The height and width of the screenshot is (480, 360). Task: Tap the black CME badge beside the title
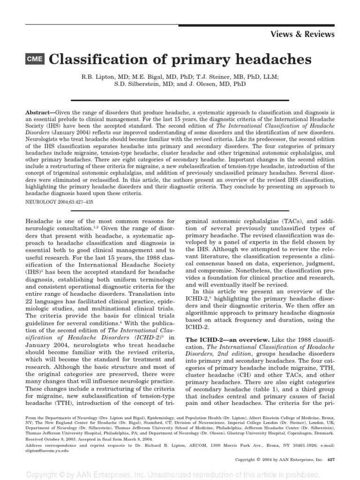[35, 60]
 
